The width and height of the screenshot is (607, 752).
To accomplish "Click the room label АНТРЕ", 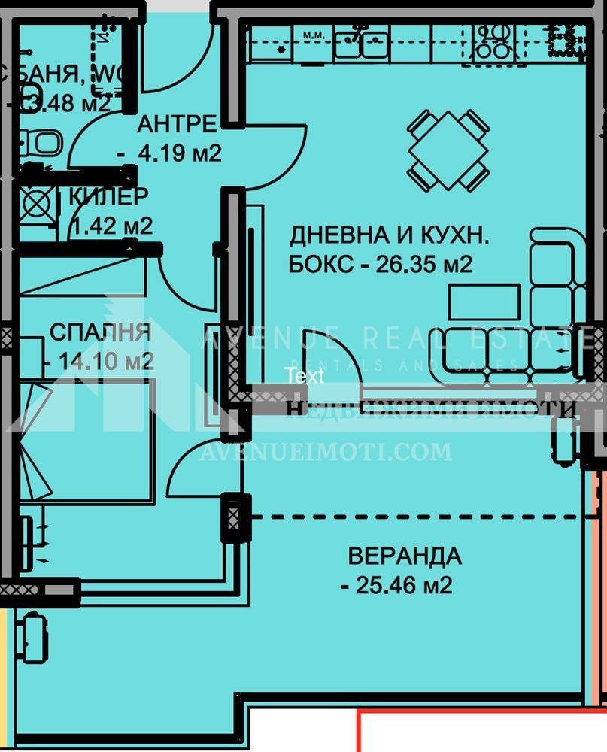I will (x=178, y=123).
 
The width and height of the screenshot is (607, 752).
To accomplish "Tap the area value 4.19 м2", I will (x=180, y=153).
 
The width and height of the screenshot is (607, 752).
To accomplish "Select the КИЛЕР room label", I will (x=108, y=196).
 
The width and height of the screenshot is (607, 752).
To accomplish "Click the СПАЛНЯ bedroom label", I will (x=100, y=332).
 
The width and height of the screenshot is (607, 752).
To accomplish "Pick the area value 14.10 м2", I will (x=106, y=362).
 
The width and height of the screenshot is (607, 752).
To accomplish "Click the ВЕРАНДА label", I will (x=404, y=556).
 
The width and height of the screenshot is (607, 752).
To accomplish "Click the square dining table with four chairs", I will (x=448, y=150).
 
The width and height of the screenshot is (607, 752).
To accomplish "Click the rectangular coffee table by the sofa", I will (x=484, y=302).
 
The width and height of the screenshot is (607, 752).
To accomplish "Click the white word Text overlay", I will (x=304, y=376).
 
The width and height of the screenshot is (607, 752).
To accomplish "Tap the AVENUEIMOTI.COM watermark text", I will (x=325, y=451).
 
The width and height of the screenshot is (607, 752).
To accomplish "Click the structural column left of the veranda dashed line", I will (x=233, y=517).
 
